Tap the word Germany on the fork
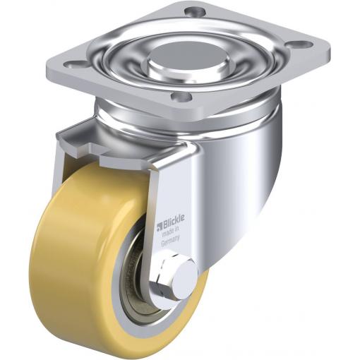[171, 241]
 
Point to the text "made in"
[172, 232]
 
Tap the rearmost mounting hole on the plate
[191, 11]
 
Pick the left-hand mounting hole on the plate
[74, 64]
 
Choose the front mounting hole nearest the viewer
[181, 97]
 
